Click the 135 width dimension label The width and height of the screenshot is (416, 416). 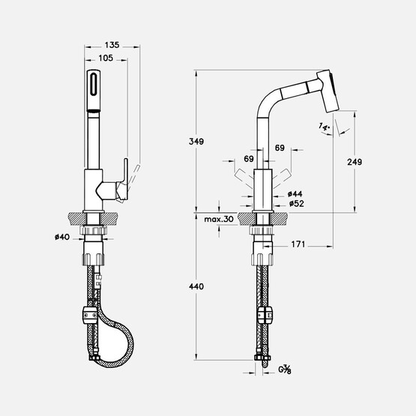coord(112,45)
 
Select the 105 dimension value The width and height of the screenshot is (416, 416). coord(106,58)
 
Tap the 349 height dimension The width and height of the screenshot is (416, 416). coord(196,142)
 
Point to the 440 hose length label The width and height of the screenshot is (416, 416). coord(196,286)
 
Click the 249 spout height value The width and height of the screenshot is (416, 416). coord(355,162)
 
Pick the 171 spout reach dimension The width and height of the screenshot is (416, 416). coord(298,244)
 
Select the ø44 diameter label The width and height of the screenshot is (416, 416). coord(295,194)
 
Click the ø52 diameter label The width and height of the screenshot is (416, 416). coord(297,204)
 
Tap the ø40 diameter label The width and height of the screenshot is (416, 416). coord(62,237)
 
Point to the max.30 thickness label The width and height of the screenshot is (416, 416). coord(219,219)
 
